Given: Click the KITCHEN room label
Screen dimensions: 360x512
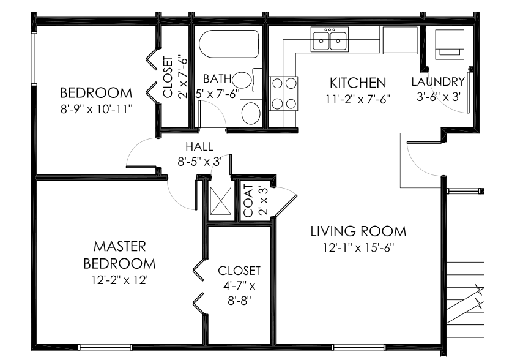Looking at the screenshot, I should coord(358,83).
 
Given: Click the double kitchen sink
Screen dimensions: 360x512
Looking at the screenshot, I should coord(330,41).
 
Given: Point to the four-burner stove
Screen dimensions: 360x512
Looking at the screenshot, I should coord(283,93).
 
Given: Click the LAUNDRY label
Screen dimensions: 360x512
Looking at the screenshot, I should coord(438,81).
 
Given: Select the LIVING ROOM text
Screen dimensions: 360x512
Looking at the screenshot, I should coord(358,231).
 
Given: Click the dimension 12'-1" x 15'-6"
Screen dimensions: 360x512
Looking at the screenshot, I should coord(358,248).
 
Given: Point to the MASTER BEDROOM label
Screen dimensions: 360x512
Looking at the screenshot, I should coord(119,255).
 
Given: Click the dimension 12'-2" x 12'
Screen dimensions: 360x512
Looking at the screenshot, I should coord(119,280).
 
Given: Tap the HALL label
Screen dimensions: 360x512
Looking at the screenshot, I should coord(199,147).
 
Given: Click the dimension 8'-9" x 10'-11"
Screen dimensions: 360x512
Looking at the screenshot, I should coord(96,110).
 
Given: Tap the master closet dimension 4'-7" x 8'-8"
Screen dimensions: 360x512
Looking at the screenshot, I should coord(239,293).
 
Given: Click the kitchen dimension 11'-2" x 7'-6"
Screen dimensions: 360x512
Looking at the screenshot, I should coord(358,98).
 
